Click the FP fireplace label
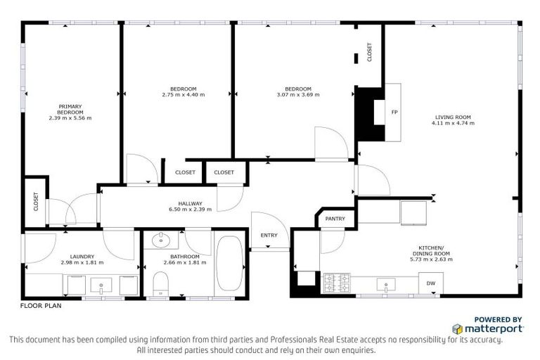tap(394, 112)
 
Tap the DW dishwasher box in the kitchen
tap(430, 283)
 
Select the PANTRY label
tap(335, 219)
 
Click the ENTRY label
tap(269, 236)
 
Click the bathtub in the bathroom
tap(229, 265)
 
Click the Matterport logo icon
tap(458, 328)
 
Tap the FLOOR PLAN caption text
tap(40, 307)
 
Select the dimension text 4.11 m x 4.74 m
tap(453, 123)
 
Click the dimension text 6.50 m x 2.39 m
tap(186, 209)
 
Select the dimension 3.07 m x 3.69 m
tap(297, 94)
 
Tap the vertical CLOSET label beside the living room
tap(370, 53)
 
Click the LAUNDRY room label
tap(82, 256)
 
